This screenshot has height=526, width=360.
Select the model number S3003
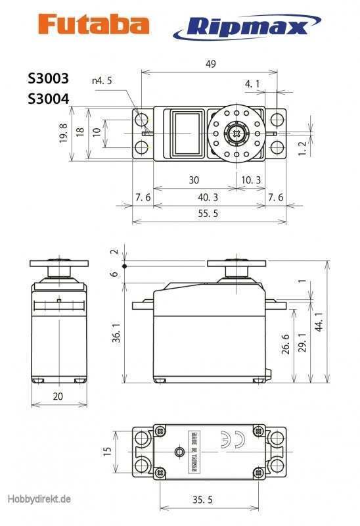pyautogui.click(x=48, y=77)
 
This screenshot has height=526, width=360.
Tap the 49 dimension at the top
pyautogui.click(x=210, y=64)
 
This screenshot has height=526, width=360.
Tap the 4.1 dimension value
pyautogui.click(x=252, y=84)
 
